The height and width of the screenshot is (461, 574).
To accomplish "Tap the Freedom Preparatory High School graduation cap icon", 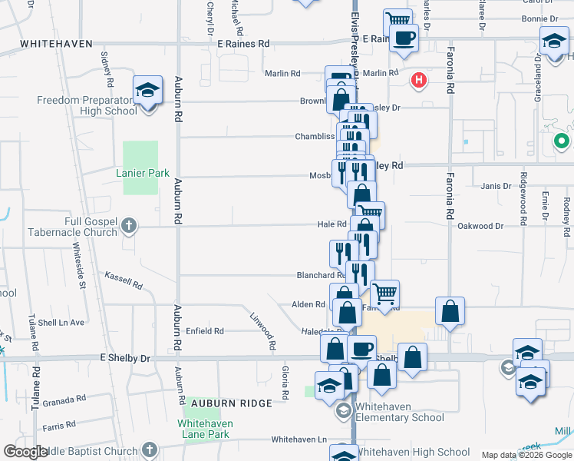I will (147, 91).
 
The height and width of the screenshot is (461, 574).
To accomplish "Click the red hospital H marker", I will (419, 79).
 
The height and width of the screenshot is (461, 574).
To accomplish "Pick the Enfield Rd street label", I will (204, 331).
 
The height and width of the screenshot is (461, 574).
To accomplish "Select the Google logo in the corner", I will (25, 452).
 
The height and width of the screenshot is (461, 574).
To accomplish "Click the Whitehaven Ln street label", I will (299, 440).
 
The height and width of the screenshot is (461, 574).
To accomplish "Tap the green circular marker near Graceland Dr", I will (561, 141).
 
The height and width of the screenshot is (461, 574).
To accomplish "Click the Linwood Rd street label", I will (262, 327).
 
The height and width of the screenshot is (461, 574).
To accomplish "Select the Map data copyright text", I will (526, 455).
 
